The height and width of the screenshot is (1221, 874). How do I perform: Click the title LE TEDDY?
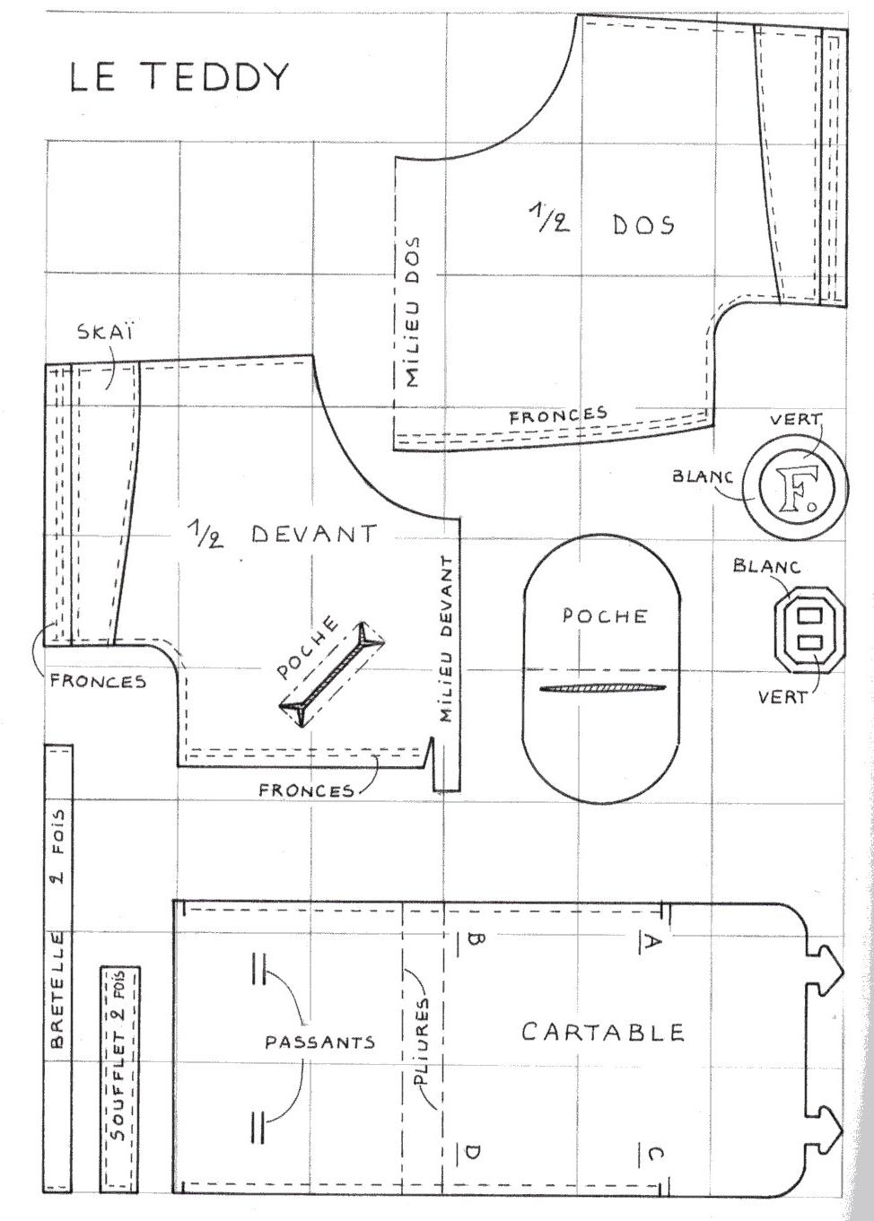pos(179,77)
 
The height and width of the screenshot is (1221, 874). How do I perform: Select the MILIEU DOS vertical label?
pos(412,312)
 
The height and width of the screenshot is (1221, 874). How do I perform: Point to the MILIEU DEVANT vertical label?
pos(446,639)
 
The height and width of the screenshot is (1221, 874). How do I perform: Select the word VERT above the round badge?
pos(795,419)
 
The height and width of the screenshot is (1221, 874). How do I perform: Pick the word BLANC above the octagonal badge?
pos(766,566)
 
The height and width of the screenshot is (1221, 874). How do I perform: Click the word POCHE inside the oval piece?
pos(604,615)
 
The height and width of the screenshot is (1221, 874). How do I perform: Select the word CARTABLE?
pos(603,1033)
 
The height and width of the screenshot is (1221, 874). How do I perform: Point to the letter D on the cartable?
pos(472,1153)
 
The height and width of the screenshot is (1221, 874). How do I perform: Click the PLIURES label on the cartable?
pos(424,1042)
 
